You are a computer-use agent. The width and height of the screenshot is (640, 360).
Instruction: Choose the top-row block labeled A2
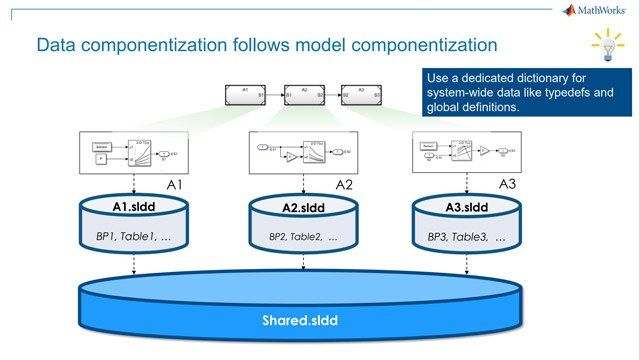pyautogui.click(x=304, y=95)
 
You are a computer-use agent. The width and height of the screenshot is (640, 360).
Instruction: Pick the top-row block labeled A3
pyautogui.click(x=361, y=95)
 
